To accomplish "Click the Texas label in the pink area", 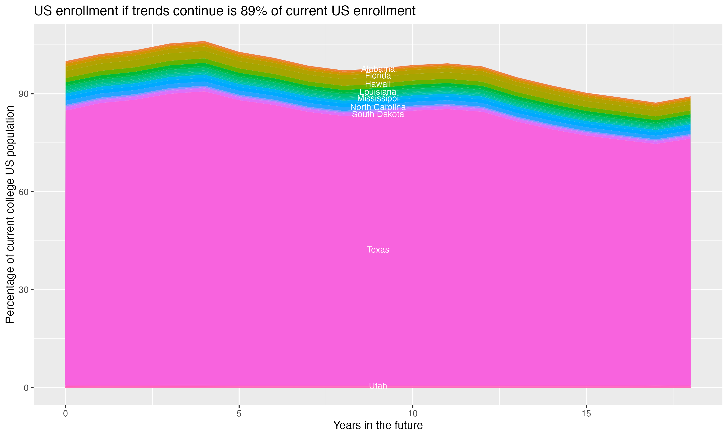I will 378,250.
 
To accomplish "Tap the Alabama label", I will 378,69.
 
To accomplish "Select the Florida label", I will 378,76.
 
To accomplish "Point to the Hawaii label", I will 378,84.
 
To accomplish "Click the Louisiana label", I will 378,92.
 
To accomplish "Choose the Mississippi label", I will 378,99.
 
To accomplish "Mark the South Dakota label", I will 378,114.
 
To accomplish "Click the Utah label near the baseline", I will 378,386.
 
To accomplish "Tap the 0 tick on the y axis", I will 26,388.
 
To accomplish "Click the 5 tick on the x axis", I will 239,414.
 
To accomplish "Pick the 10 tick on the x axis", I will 413,414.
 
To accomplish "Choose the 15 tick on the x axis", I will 586,414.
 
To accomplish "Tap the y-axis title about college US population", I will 10,214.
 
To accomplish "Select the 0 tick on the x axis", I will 65,414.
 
